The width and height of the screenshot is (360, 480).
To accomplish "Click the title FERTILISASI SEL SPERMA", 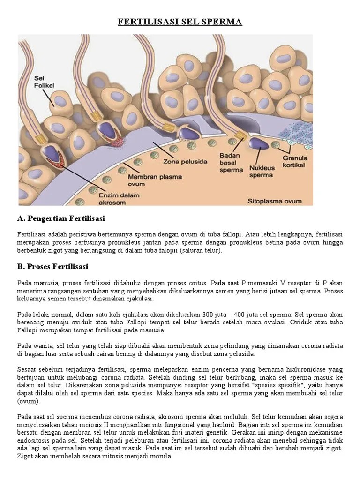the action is (x=180, y=22).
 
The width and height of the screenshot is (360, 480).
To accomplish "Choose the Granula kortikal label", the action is (x=295, y=162).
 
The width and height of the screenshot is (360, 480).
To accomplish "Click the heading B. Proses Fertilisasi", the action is (x=52, y=267).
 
